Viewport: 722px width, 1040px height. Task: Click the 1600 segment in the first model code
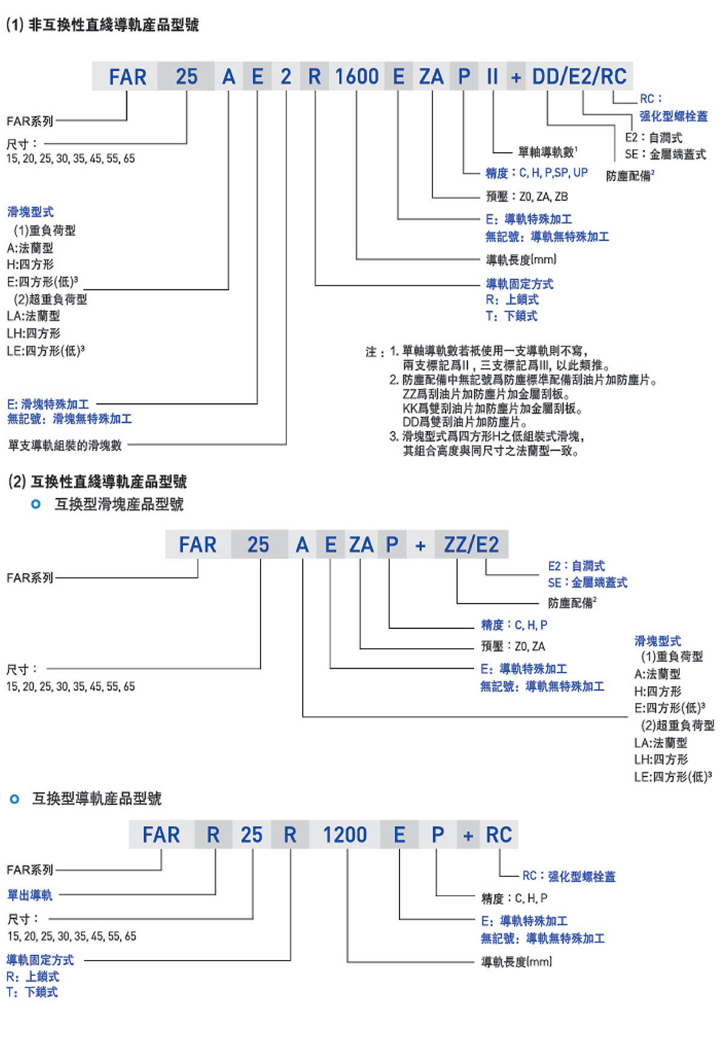[357, 77]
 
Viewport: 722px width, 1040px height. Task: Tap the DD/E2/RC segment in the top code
[579, 77]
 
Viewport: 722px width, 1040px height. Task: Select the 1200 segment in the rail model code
[345, 835]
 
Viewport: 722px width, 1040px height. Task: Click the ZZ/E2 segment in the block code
[472, 545]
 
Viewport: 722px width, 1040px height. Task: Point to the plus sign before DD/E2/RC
[516, 78]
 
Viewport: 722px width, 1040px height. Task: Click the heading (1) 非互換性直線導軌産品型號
[102, 25]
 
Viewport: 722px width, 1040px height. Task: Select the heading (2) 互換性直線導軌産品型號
[97, 481]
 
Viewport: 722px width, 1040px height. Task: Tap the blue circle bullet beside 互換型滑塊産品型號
[36, 504]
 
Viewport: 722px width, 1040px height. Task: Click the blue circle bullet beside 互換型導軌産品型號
[15, 799]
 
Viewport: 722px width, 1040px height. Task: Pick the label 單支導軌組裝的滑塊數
[65, 445]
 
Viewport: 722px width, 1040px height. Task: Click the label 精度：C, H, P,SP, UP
[537, 173]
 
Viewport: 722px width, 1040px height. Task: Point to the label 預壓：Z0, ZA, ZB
[527, 197]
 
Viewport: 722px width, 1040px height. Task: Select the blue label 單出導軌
[30, 895]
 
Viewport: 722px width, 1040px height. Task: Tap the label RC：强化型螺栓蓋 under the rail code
[569, 876]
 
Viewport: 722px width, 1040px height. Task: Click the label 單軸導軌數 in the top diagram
[548, 152]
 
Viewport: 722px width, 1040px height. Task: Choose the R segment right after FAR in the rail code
[213, 835]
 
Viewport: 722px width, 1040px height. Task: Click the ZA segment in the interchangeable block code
[361, 545]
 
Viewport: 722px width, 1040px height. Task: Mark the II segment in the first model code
[492, 77]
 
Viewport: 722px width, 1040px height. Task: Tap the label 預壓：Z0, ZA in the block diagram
[513, 646]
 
